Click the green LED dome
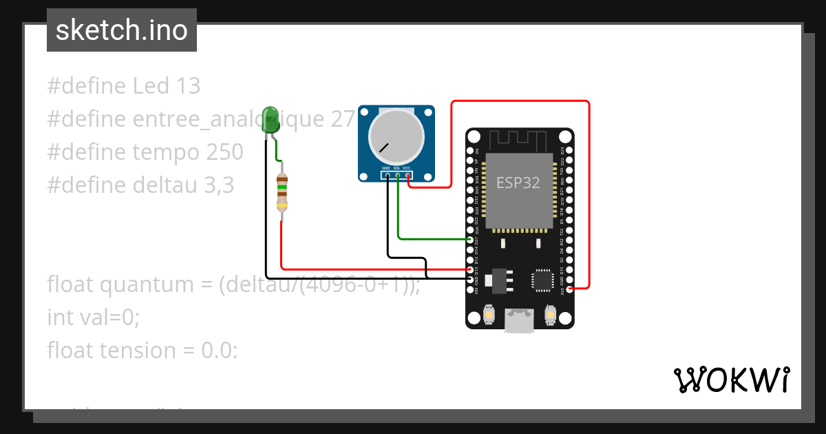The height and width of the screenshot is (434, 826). (x=271, y=118)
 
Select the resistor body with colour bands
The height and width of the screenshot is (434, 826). (x=282, y=192)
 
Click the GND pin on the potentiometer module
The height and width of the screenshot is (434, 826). (x=388, y=176)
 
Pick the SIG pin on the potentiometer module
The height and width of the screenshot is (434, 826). (x=398, y=176)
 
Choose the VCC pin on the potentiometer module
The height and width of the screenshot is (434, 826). (x=408, y=176)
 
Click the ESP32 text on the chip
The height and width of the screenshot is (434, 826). (x=518, y=183)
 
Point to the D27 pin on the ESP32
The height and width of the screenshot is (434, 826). (x=471, y=239)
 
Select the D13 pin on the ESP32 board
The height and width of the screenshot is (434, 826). (x=471, y=269)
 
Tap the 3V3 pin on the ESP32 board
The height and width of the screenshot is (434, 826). (x=569, y=289)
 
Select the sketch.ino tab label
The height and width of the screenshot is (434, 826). (x=122, y=30)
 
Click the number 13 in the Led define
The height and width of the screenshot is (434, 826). (x=188, y=86)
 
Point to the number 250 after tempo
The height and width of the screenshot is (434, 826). (x=224, y=152)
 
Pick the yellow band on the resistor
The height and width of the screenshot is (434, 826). (x=282, y=205)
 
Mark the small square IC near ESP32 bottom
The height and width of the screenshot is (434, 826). (x=542, y=280)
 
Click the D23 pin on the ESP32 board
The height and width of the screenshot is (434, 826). (x=569, y=149)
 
